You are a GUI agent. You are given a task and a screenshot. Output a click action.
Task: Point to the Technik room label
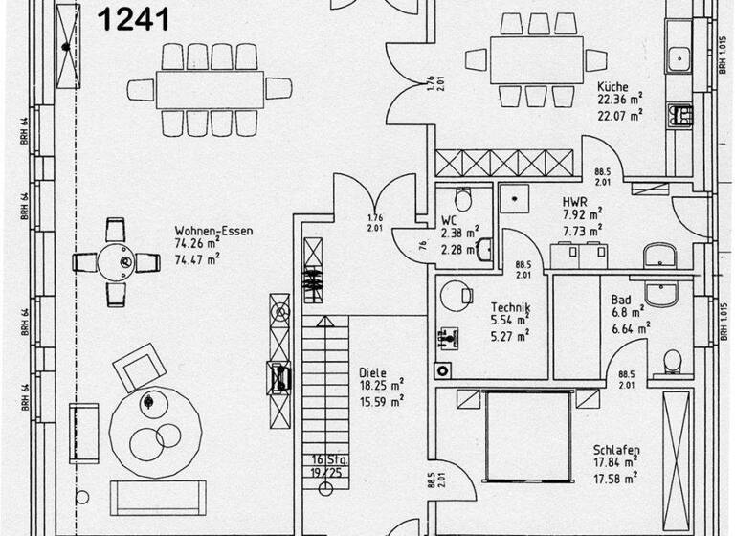(510, 307)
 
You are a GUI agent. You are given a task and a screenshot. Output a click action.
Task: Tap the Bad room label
(621, 300)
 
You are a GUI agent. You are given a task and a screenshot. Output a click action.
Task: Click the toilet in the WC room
(463, 199)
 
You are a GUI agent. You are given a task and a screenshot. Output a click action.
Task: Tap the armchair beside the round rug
(137, 368)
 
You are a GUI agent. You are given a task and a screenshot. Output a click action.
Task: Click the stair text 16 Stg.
(327, 460)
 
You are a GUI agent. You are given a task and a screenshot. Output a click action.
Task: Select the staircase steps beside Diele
(327, 383)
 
